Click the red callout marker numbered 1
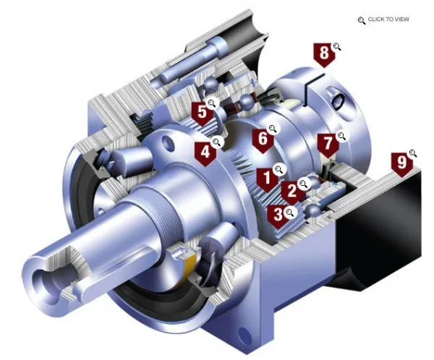click(x=267, y=179)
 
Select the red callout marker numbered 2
click(x=292, y=192)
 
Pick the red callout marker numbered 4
click(x=205, y=153)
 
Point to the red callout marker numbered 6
click(x=263, y=140)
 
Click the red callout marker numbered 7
click(x=328, y=145)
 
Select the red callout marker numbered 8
click(x=324, y=54)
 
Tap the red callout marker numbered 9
click(x=402, y=164)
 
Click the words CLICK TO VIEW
click(x=388, y=19)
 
